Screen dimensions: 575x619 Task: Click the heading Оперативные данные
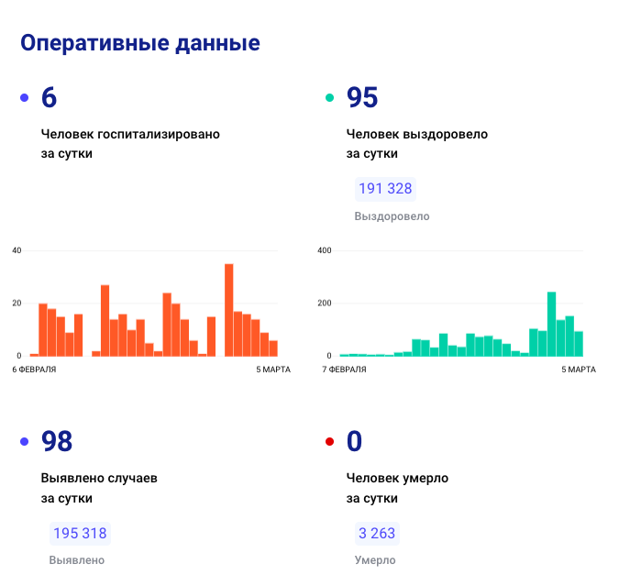click(140, 43)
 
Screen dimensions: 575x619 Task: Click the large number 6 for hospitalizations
click(50, 97)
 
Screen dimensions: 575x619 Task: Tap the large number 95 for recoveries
click(362, 97)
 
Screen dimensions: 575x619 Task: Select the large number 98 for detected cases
click(57, 441)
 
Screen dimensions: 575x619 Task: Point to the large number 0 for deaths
click(354, 441)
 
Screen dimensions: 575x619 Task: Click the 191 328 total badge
click(385, 189)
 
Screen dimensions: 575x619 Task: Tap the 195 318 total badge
click(80, 534)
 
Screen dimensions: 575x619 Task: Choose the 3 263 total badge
click(377, 534)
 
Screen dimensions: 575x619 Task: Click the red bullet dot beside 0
click(330, 442)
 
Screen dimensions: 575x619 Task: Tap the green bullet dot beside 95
click(330, 98)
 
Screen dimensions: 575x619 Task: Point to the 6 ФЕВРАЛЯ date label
click(35, 370)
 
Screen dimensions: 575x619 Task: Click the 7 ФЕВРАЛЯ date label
click(344, 370)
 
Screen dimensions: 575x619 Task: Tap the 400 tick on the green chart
click(324, 250)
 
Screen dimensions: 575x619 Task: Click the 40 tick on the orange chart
click(17, 250)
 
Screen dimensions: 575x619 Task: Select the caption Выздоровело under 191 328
click(392, 216)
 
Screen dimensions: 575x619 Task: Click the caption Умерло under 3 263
click(375, 560)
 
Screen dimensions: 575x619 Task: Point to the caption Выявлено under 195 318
click(77, 560)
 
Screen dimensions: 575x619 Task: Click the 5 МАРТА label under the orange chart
click(271, 370)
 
